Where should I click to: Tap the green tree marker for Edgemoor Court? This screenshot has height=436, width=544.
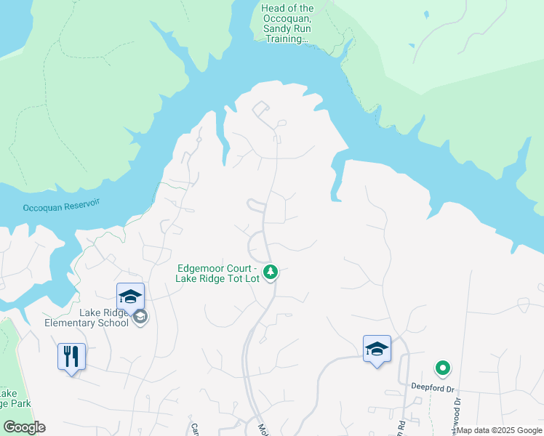271,272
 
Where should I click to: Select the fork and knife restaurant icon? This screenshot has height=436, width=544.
72,357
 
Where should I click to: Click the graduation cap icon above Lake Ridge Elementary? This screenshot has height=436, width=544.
131,296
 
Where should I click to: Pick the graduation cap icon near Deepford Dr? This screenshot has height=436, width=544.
377,349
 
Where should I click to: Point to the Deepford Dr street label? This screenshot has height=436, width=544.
433,387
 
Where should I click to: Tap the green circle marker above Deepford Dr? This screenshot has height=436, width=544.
441,368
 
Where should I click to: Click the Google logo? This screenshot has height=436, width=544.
24,427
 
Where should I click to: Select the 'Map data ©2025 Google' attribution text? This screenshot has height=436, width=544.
500,430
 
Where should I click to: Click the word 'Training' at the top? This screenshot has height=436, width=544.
285,39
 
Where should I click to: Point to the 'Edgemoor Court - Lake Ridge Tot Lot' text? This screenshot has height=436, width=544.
218,273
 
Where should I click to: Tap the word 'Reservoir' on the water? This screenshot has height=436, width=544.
78,206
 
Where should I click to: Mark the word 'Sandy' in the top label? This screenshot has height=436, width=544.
273,29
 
